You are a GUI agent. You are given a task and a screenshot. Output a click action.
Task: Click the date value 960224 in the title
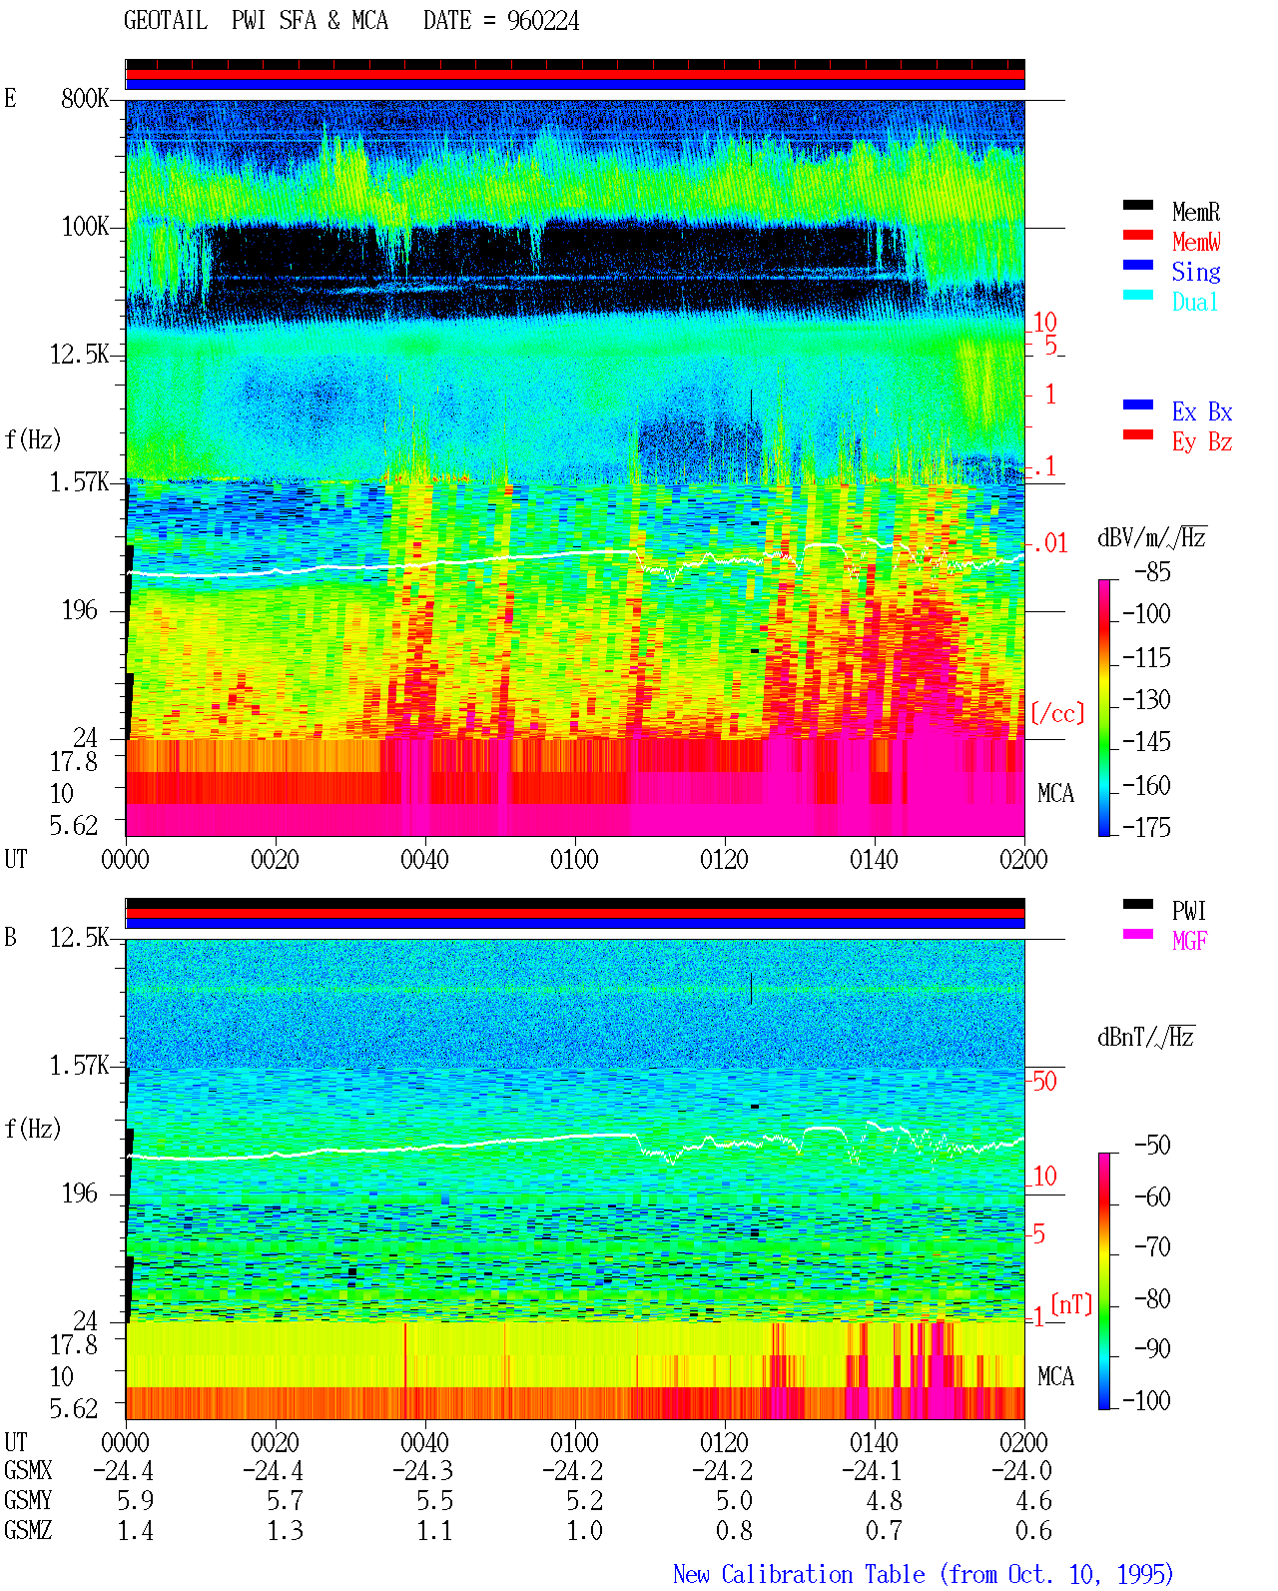pyautogui.click(x=542, y=21)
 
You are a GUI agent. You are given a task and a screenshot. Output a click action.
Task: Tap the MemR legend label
pyautogui.click(x=1196, y=212)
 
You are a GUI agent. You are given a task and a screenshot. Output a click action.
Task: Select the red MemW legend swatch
pyautogui.click(x=1137, y=235)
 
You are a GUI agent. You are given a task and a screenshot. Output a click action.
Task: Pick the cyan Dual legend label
pyautogui.click(x=1195, y=302)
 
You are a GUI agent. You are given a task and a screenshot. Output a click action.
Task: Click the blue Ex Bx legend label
pyautogui.click(x=1202, y=411)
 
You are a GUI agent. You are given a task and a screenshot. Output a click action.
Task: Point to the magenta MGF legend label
pyautogui.click(x=1189, y=941)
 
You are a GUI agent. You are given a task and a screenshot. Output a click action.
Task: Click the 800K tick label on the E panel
pyautogui.click(x=85, y=98)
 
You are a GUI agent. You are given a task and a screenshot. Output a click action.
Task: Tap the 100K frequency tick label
pyautogui.click(x=85, y=227)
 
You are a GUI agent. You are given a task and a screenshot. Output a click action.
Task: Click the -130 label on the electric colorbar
pyautogui.click(x=1146, y=699)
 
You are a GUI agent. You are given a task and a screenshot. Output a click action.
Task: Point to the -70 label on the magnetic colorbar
pyautogui.click(x=1152, y=1247)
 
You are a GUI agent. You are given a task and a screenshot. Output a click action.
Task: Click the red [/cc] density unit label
pyautogui.click(x=1057, y=713)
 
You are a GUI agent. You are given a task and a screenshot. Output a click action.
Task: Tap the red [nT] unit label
pyautogui.click(x=1071, y=1304)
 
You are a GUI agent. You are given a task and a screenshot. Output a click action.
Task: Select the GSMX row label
pyautogui.click(x=28, y=1470)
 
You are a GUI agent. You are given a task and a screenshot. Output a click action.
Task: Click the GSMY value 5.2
pyautogui.click(x=585, y=1501)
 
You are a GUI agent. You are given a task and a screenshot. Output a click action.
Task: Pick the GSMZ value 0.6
pyautogui.click(x=1033, y=1530)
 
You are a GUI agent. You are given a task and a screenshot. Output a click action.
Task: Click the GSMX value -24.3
pyautogui.click(x=422, y=1470)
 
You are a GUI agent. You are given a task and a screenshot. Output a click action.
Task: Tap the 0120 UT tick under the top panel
pyautogui.click(x=725, y=859)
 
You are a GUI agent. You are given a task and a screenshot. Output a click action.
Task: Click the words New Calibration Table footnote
pyautogui.click(x=799, y=1574)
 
